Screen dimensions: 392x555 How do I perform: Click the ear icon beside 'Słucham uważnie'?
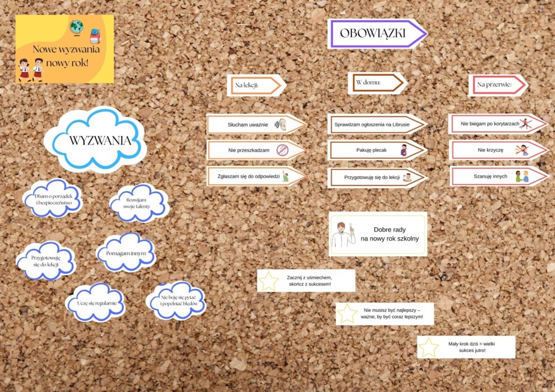(x=282, y=125)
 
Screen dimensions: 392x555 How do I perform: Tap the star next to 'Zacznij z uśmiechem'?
(x=269, y=281)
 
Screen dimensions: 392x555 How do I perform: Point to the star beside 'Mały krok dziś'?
(x=429, y=347)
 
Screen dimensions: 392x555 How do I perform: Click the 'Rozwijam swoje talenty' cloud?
(x=139, y=203)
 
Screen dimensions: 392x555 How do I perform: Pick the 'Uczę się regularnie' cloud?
(x=96, y=303)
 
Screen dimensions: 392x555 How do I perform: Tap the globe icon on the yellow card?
(x=77, y=27)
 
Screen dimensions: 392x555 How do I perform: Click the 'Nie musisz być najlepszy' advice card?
(x=385, y=314)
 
